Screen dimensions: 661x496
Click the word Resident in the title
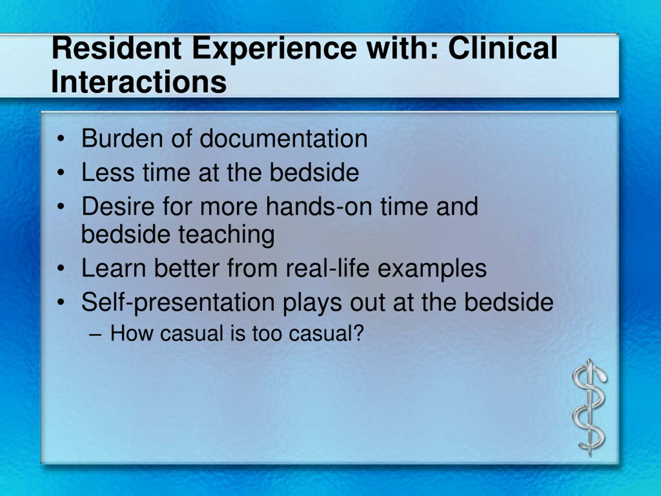tap(116, 48)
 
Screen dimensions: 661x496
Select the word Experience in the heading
tap(274, 50)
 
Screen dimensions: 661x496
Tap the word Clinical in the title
tap(503, 48)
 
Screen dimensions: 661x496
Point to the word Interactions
tap(139, 82)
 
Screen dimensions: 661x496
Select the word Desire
tap(118, 206)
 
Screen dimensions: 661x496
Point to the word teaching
tap(226, 236)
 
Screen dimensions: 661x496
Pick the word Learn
tap(114, 268)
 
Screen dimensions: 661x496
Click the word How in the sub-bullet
tap(132, 333)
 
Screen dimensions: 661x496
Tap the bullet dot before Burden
tap(61, 139)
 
